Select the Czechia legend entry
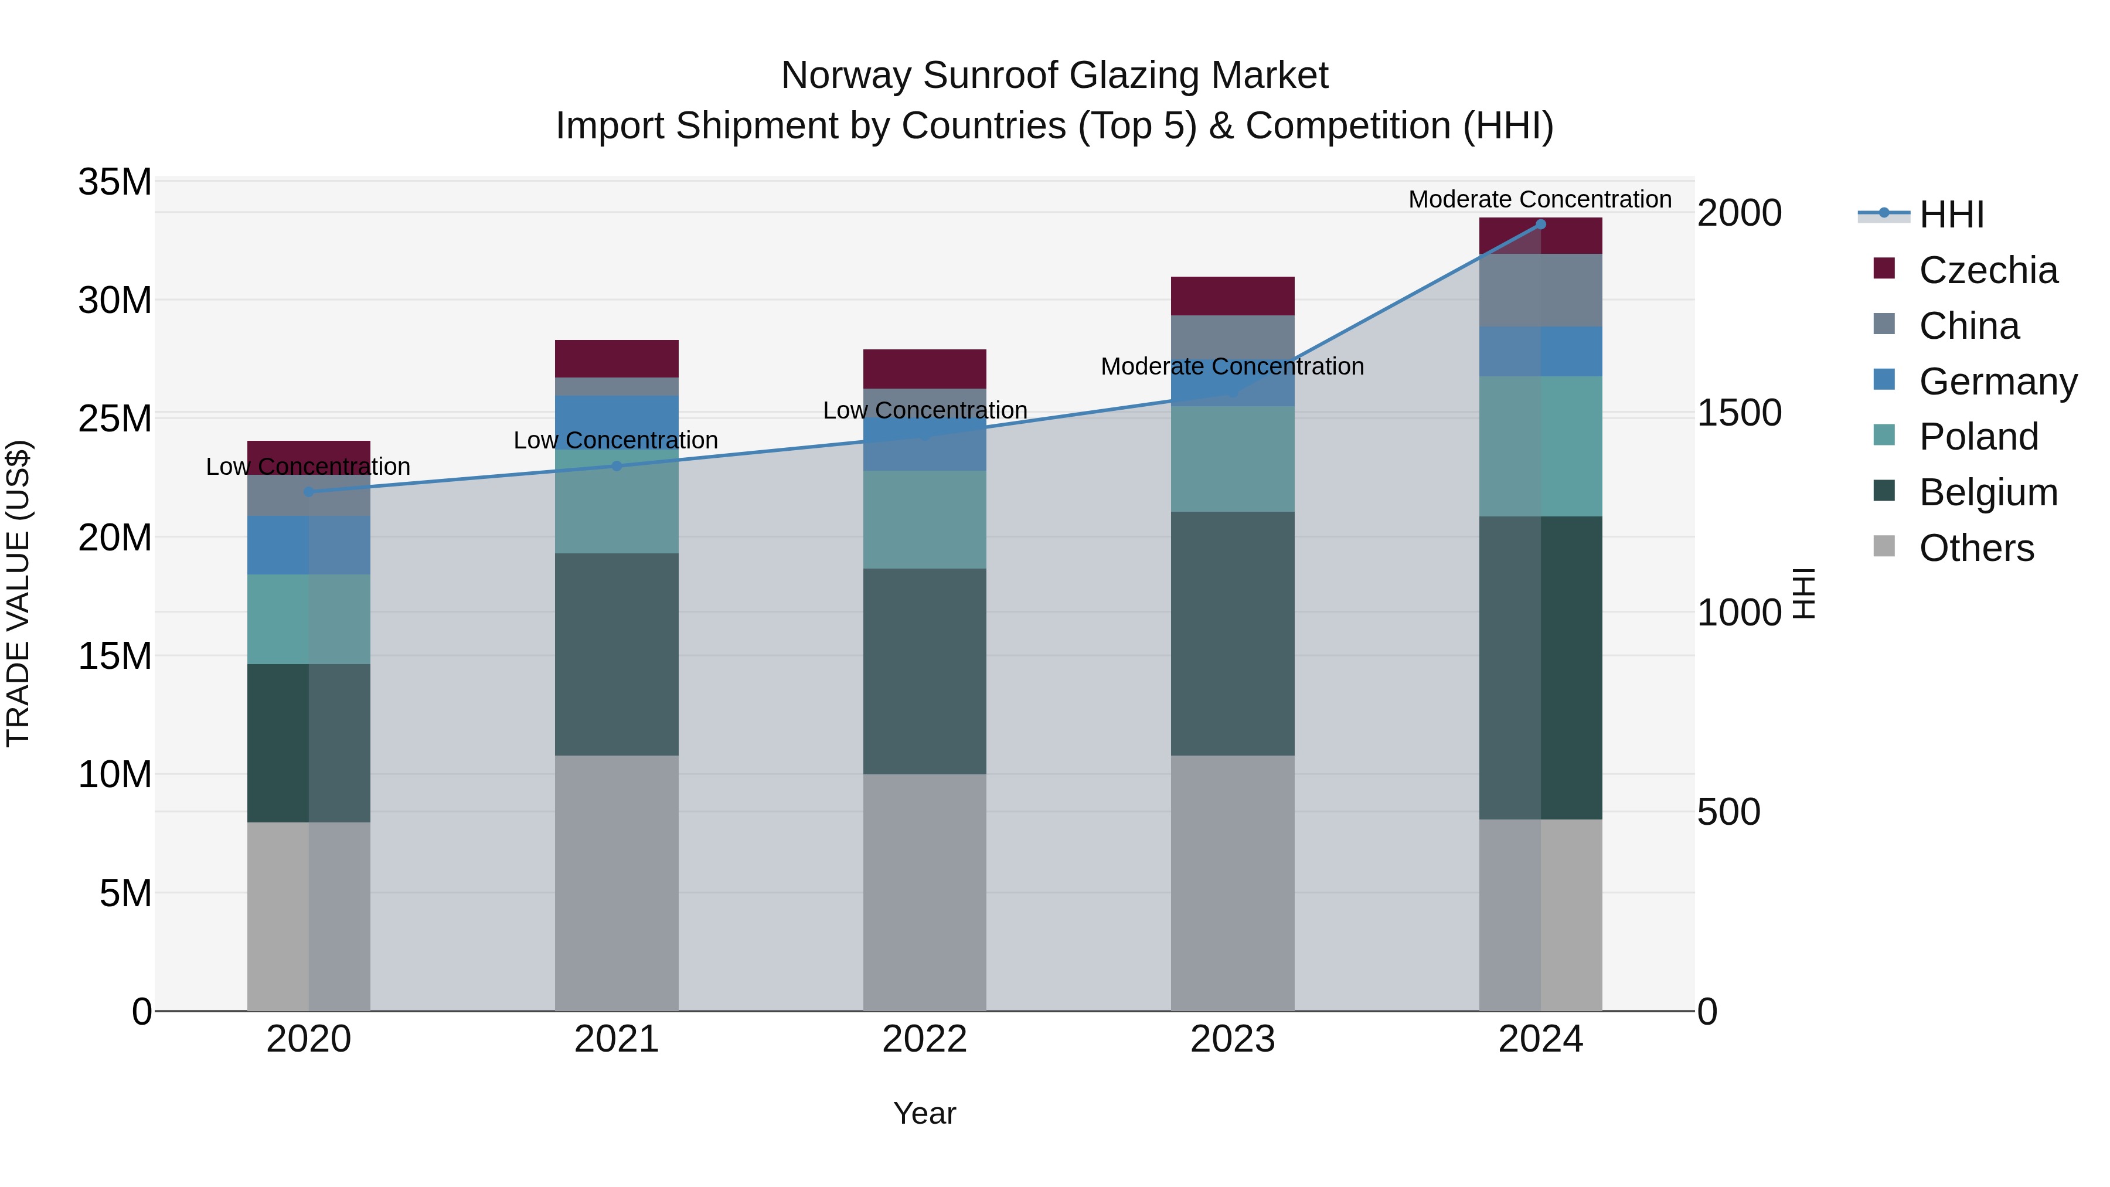pos(1987,270)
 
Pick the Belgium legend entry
pos(1987,492)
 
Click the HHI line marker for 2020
pos(309,492)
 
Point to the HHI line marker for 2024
pos(1541,225)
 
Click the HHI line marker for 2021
pos(617,466)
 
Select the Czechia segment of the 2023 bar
pos(1233,296)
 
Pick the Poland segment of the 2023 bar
pos(1233,459)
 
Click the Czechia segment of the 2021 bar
pos(617,358)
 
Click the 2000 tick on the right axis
pos(1739,213)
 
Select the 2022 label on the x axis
pos(925,1039)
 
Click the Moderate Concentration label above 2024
pos(1540,199)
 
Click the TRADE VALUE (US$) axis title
pos(18,593)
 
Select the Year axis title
pos(925,1113)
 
